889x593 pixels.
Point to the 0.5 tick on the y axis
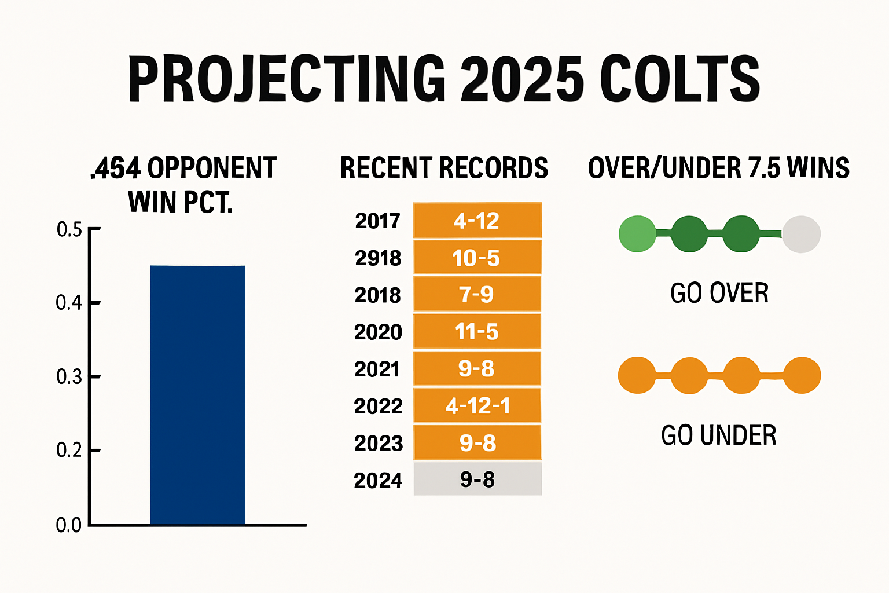pyautogui.click(x=69, y=230)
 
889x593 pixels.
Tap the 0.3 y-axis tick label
pyautogui.click(x=69, y=377)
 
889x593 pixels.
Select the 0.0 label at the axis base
pyautogui.click(x=68, y=525)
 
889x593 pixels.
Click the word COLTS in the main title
pyautogui.click(x=679, y=79)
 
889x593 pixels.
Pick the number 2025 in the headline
pyautogui.click(x=522, y=79)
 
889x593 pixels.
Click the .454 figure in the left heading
pyautogui.click(x=116, y=169)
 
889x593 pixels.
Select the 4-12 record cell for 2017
pyautogui.click(x=477, y=221)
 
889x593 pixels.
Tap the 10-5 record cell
pyautogui.click(x=477, y=258)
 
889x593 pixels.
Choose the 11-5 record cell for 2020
pyautogui.click(x=477, y=332)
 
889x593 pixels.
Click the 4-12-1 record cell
pyautogui.click(x=477, y=406)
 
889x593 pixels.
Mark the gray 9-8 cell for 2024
pyautogui.click(x=477, y=479)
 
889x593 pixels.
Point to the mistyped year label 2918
pyautogui.click(x=378, y=258)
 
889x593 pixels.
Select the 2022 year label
pyautogui.click(x=378, y=407)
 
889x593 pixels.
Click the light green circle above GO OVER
pyautogui.click(x=637, y=234)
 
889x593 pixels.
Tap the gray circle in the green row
pyautogui.click(x=801, y=234)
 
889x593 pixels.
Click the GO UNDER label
pyautogui.click(x=718, y=435)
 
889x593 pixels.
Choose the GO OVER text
pyautogui.click(x=719, y=293)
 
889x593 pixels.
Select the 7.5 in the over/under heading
pyautogui.click(x=764, y=168)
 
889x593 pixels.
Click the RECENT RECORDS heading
pyautogui.click(x=444, y=168)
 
